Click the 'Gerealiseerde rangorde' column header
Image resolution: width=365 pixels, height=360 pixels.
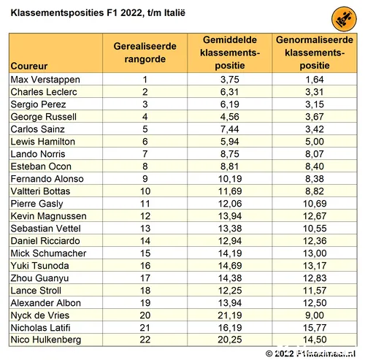pyautogui.click(x=145, y=53)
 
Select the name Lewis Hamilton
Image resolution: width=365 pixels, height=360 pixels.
pyautogui.click(x=41, y=141)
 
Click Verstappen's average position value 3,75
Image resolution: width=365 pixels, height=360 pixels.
pyautogui.click(x=230, y=79)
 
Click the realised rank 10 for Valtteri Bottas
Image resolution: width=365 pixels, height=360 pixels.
pyautogui.click(x=145, y=191)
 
